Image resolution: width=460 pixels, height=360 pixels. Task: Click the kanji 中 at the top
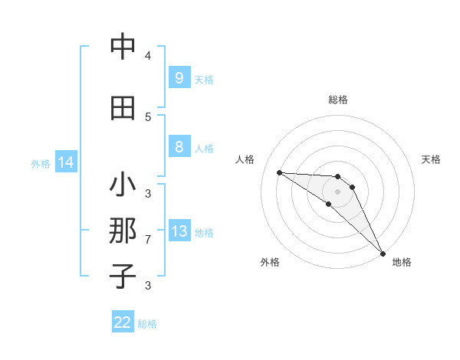tap(123, 47)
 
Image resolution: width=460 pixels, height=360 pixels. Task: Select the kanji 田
tap(123, 108)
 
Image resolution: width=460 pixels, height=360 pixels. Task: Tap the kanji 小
tap(123, 186)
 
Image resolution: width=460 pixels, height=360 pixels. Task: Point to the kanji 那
tap(123, 232)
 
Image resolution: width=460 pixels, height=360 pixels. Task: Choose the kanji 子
tap(123, 276)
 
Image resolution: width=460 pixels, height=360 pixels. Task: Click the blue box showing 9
tap(179, 78)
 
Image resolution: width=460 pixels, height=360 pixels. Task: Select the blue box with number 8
tap(179, 147)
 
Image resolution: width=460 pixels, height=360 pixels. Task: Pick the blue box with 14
tap(66, 162)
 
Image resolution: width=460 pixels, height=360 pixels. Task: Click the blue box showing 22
tap(123, 322)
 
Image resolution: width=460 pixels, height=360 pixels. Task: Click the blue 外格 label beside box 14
tap(41, 163)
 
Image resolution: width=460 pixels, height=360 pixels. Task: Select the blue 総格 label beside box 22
tap(147, 324)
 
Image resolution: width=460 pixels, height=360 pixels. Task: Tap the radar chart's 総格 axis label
tap(338, 100)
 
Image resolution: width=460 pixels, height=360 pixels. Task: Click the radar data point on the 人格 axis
tap(279, 172)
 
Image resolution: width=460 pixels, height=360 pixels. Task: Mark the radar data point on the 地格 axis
tap(383, 252)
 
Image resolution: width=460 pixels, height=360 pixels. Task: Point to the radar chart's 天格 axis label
tap(431, 159)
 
